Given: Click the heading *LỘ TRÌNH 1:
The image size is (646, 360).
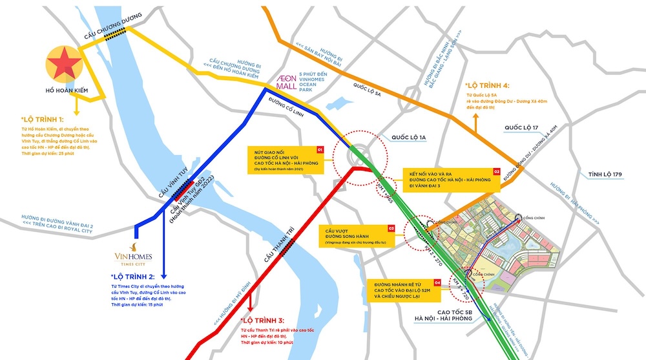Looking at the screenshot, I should pos(42,120).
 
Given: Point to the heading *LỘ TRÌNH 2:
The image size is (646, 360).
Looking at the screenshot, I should pos(133,275).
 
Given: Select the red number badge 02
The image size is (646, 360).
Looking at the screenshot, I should pos(497,171).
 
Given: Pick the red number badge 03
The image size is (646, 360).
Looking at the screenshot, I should pos(391,228).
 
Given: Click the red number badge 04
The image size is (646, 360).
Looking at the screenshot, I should pos(437,282).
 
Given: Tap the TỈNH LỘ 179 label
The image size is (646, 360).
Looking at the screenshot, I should pos(604,175).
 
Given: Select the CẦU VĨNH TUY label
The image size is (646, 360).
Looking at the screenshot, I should pos(151,187).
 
